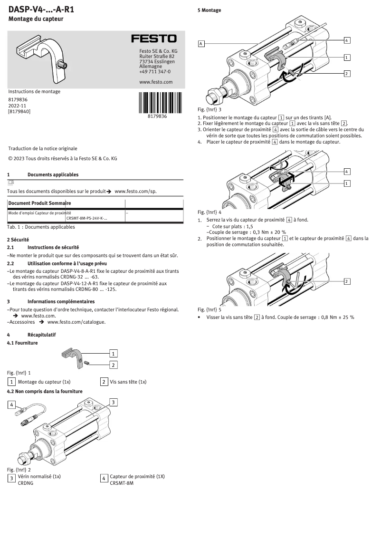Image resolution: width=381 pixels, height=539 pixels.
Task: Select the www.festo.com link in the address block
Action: click(x=156, y=82)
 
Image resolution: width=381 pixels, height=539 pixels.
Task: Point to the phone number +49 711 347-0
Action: click(x=155, y=72)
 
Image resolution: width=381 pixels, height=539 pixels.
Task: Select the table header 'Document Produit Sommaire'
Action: click(x=39, y=203)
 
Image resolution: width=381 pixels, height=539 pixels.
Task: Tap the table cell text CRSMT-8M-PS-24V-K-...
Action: click(x=86, y=219)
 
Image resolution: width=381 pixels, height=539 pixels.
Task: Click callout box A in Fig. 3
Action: click(x=201, y=44)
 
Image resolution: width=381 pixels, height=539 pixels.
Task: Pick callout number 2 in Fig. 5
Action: click(x=347, y=281)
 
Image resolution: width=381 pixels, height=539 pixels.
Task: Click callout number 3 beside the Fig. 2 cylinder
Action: click(x=114, y=403)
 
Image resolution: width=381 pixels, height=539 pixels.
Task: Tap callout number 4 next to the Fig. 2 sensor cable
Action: click(x=11, y=405)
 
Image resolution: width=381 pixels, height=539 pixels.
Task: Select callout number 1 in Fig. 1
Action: click(x=114, y=354)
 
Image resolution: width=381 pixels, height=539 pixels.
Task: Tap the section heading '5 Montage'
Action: click(x=209, y=10)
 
